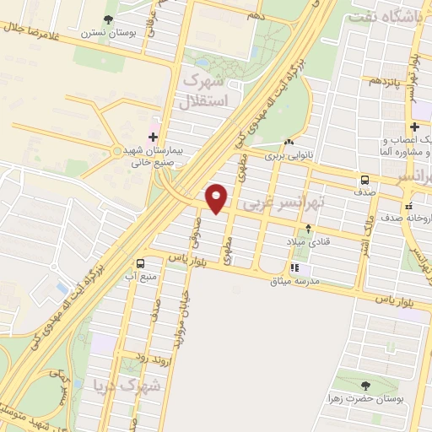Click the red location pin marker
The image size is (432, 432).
point(218,197)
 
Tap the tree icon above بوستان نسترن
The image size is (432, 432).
point(107,19)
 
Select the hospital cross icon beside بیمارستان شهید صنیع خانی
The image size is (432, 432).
point(153,136)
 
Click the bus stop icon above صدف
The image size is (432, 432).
point(365,179)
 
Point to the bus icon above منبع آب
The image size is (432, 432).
point(141,262)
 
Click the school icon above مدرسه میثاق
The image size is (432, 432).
point(294,268)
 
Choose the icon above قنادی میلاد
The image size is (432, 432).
point(307,228)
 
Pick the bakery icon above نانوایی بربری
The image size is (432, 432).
point(289,143)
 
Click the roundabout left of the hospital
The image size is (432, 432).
point(116,151)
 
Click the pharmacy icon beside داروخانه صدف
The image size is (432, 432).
point(408,205)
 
